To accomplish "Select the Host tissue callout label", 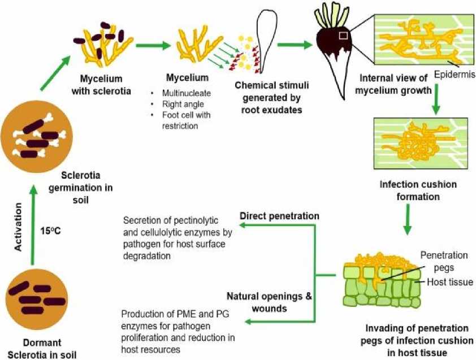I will click(x=449, y=281).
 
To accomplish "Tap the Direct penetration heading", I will click(x=279, y=216).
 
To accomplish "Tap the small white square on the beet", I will click(x=343, y=36).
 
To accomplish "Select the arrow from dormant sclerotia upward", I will click(x=32, y=226).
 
